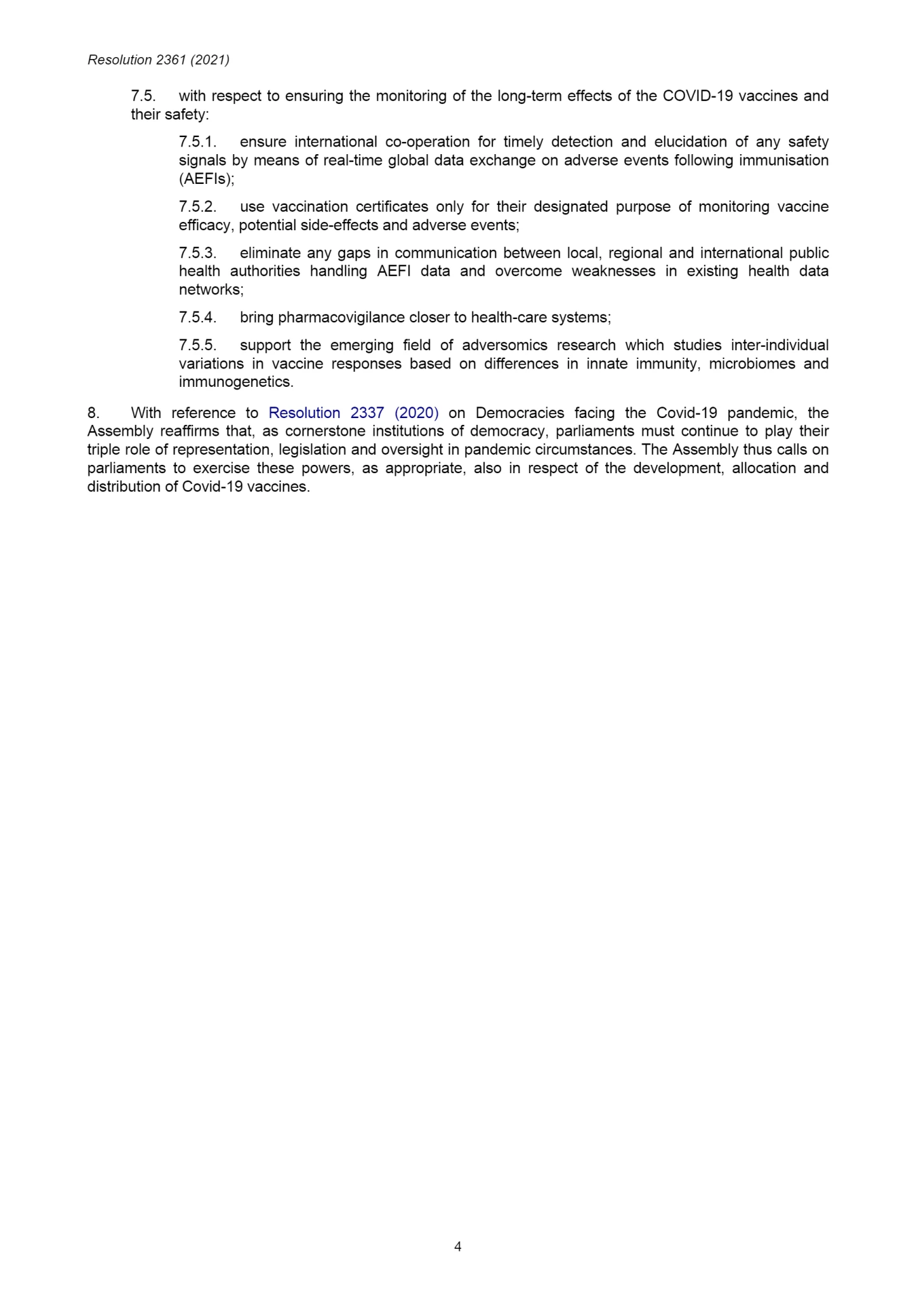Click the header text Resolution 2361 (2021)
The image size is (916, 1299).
coord(159,60)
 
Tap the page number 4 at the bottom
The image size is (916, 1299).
coord(457,1246)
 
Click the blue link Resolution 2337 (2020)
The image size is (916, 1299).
coord(353,413)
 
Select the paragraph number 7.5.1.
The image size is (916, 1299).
coord(197,141)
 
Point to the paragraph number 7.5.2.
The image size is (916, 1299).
coord(197,207)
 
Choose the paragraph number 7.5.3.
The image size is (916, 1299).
coord(197,253)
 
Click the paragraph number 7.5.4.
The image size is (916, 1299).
coord(197,317)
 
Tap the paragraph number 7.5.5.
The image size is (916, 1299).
coord(197,345)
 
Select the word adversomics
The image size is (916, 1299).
coord(504,345)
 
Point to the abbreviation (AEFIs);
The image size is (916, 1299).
coord(207,179)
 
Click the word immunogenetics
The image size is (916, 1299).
coord(236,382)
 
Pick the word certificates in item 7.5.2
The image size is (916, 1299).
coord(392,207)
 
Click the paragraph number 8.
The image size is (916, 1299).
coord(93,413)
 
